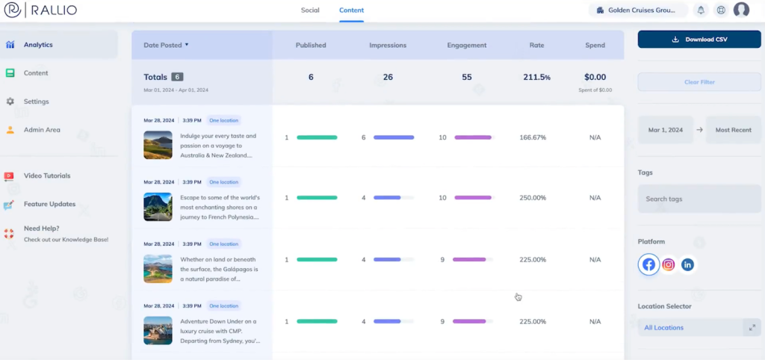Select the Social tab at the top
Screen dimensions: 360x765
pyautogui.click(x=309, y=10)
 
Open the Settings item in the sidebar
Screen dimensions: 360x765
pyautogui.click(x=36, y=102)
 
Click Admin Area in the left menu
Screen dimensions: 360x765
pyautogui.click(x=42, y=130)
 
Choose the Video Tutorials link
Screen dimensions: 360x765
pyautogui.click(x=47, y=176)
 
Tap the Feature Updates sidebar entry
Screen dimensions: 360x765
pyautogui.click(x=49, y=204)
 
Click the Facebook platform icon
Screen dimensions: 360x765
pyautogui.click(x=649, y=264)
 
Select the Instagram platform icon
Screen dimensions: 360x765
pyautogui.click(x=669, y=264)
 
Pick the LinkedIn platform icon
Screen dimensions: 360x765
pyautogui.click(x=687, y=264)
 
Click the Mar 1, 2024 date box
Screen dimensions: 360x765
pyautogui.click(x=665, y=130)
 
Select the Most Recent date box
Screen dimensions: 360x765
pyautogui.click(x=733, y=130)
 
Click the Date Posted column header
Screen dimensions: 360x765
pyautogui.click(x=165, y=45)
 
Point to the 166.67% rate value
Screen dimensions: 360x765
pyautogui.click(x=533, y=137)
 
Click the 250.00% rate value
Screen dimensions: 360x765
pyautogui.click(x=533, y=198)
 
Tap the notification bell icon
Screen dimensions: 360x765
pyautogui.click(x=701, y=10)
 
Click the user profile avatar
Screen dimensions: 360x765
pyautogui.click(x=741, y=10)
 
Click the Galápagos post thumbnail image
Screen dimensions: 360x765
pyautogui.click(x=158, y=268)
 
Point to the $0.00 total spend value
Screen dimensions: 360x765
pyautogui.click(x=595, y=77)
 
